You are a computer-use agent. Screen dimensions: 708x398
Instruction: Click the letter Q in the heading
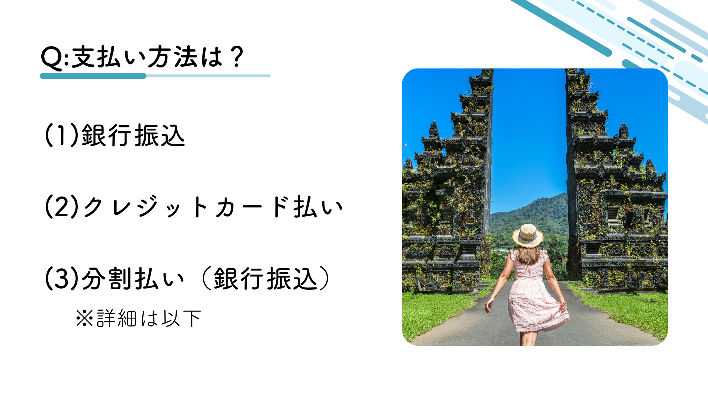[x=52, y=58]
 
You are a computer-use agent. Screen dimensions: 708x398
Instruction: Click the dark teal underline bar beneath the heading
[x=93, y=76]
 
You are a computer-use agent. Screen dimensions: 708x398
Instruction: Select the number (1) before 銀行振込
[x=62, y=135]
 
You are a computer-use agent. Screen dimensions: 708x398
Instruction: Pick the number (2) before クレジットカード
[x=62, y=207]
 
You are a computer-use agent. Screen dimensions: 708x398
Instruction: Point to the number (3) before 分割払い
[x=62, y=278]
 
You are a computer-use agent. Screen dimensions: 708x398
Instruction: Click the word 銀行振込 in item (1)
[x=133, y=135]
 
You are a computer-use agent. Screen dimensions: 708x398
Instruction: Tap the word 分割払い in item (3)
[x=133, y=278]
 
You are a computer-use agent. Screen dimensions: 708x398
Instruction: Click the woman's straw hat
[x=528, y=235]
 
